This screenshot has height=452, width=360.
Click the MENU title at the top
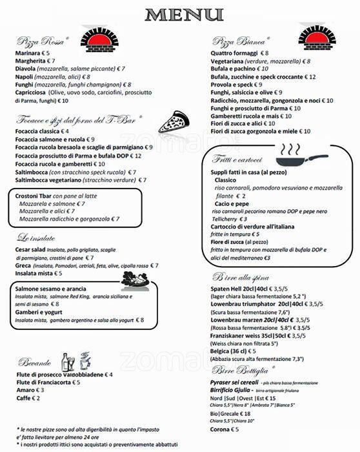coord(179,14)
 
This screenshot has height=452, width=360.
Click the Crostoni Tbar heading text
coord(34,196)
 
